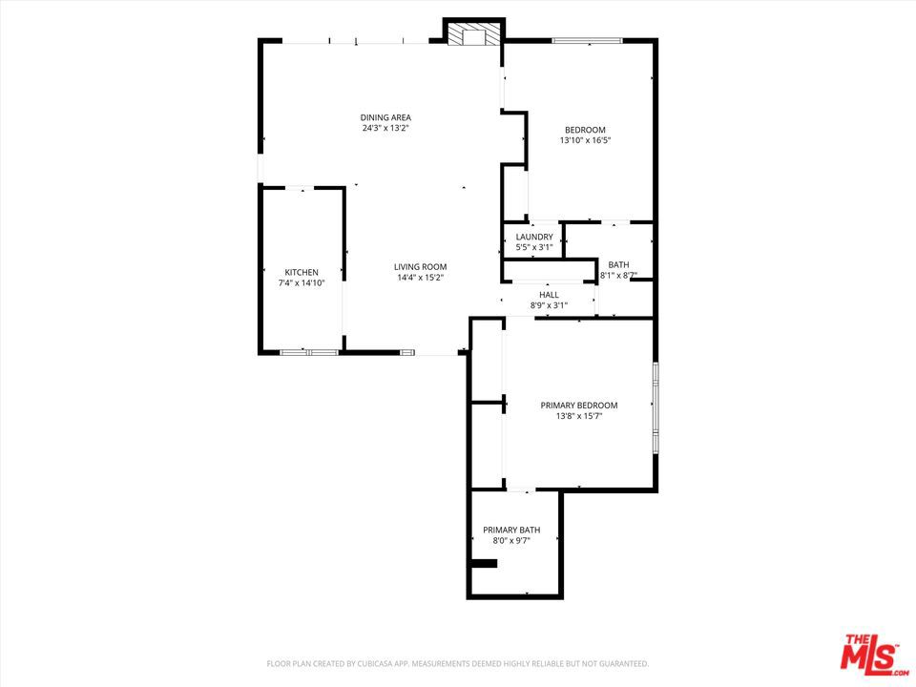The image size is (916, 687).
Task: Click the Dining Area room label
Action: [385, 117]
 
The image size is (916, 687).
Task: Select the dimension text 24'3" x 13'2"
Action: [385, 128]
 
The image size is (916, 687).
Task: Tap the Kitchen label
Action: [302, 272]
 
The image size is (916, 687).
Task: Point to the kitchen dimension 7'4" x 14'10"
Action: [302, 282]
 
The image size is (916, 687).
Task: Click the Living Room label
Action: [421, 267]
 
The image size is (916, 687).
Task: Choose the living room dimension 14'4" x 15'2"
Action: [421, 278]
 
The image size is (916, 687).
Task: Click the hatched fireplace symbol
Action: [474, 34]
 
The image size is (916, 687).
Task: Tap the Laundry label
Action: [534, 237]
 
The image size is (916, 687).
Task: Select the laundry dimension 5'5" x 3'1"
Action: [534, 247]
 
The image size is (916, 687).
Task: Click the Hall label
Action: [550, 295]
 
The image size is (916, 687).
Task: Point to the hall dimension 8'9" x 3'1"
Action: [550, 305]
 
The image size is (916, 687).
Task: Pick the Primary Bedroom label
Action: [579, 406]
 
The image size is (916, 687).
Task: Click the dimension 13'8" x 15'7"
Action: [579, 416]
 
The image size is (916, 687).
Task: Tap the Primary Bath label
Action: [511, 530]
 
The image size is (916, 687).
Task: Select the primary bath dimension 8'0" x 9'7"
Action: [511, 541]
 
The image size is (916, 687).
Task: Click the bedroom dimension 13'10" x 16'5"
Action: [585, 140]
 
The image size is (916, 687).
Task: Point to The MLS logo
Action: [874, 652]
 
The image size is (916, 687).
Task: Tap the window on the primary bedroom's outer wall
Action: [656, 407]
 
